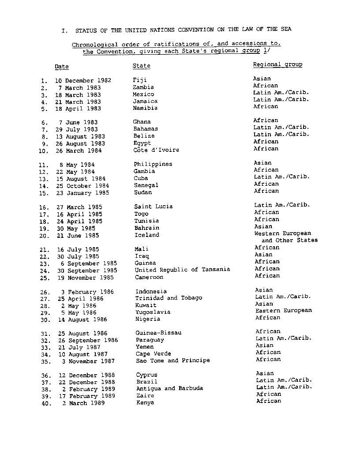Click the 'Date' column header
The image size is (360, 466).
(x=62, y=67)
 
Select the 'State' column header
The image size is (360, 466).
(x=141, y=66)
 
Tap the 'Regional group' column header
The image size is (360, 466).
(x=277, y=64)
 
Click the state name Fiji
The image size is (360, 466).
(x=139, y=80)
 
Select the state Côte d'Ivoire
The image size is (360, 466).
(x=157, y=150)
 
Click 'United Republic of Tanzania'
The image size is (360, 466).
(x=182, y=270)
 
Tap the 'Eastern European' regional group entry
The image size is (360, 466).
(x=283, y=310)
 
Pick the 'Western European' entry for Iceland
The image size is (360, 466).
(x=282, y=233)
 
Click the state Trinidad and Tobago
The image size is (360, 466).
(x=169, y=298)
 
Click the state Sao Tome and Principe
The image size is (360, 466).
(x=172, y=361)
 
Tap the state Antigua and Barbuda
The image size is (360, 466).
(x=169, y=388)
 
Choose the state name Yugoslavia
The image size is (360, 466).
(x=153, y=312)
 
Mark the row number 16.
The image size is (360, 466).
(x=44, y=207)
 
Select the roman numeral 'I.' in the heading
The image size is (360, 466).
(x=64, y=31)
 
